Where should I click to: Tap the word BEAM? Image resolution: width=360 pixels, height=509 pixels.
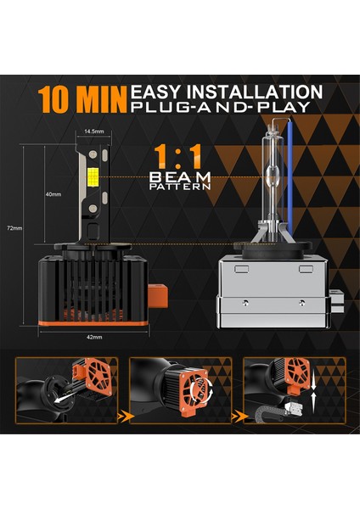179,176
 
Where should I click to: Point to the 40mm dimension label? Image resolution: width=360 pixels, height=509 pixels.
53,193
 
